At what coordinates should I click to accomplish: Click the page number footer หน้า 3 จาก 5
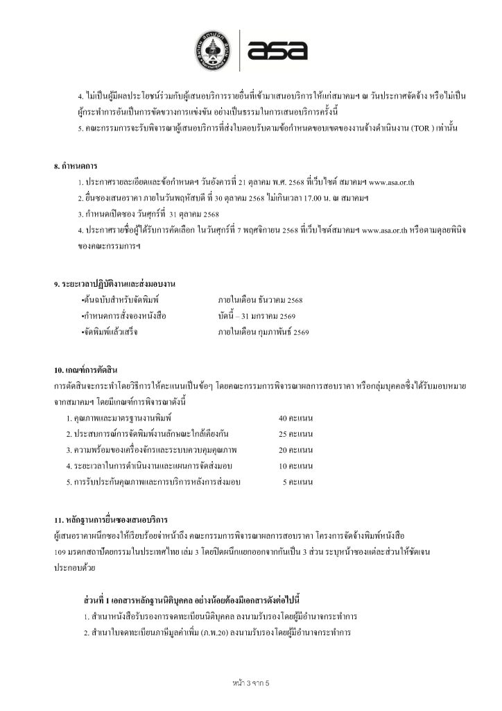(x=250, y=683)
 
